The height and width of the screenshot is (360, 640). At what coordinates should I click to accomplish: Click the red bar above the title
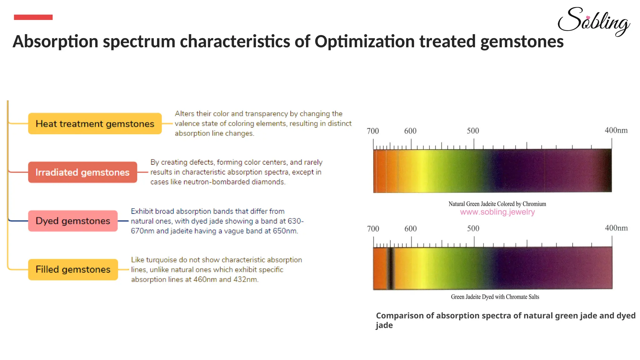pos(33,17)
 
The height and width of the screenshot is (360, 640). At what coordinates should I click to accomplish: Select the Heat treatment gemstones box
pos(95,124)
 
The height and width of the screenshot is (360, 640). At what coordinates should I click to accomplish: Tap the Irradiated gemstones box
pos(82,172)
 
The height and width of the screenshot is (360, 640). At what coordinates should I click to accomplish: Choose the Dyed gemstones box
pos(73,221)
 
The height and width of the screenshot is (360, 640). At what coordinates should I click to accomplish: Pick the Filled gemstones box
pos(73,269)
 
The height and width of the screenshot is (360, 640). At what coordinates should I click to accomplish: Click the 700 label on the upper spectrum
pos(372,131)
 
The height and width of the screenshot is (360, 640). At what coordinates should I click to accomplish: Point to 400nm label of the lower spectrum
pos(616,228)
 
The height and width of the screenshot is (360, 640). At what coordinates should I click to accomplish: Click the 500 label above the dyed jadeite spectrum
pos(473,228)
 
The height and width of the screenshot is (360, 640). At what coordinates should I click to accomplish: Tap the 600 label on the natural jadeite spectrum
pos(410,131)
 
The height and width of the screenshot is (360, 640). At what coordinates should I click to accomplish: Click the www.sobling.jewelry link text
pos(497,212)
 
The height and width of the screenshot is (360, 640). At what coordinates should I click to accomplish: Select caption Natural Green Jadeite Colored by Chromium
pos(497,204)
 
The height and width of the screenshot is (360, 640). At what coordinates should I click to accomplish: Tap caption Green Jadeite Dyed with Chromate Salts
pos(495,297)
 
